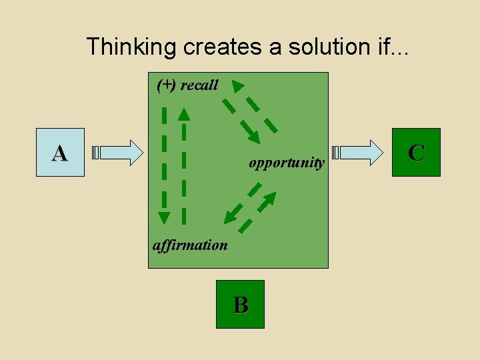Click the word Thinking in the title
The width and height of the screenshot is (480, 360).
(x=123, y=47)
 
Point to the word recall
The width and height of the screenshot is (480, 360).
(x=199, y=85)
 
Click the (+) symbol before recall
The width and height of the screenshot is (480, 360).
(x=167, y=85)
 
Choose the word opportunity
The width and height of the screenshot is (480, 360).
(x=287, y=163)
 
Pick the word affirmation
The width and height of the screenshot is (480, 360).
(x=190, y=245)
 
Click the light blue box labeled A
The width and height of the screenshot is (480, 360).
(x=60, y=153)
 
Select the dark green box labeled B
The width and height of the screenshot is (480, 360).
(x=240, y=304)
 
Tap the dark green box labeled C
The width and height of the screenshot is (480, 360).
(x=416, y=153)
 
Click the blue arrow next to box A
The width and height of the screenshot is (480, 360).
(x=120, y=153)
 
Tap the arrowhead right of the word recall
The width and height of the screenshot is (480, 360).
(x=238, y=86)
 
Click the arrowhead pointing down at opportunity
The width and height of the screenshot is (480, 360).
(x=253, y=137)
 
